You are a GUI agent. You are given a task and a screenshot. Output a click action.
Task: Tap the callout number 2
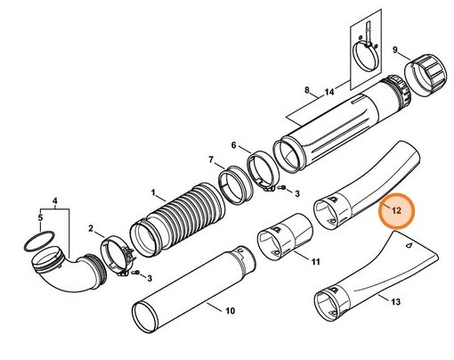point(91,229)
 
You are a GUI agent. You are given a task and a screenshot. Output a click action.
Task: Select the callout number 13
point(395,302)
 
